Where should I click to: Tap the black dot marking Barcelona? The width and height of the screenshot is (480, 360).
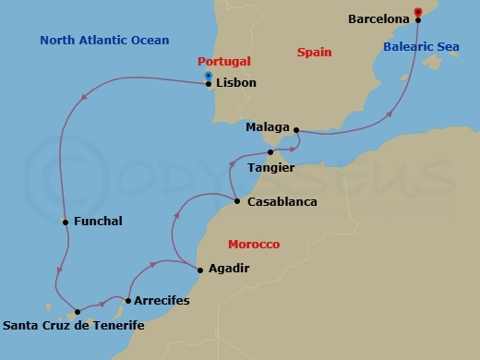click(418, 19)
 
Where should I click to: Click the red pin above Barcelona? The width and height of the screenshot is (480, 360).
click(418, 11)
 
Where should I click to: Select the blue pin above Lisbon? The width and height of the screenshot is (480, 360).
click(209, 76)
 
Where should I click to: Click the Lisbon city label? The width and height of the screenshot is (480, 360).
click(237, 83)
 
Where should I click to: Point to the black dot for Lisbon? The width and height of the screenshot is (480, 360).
click(209, 84)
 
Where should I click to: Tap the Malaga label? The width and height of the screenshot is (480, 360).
click(268, 128)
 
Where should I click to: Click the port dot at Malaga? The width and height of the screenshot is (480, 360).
click(296, 129)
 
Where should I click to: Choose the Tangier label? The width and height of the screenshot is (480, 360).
click(271, 167)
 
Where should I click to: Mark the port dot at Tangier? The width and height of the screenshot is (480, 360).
click(270, 152)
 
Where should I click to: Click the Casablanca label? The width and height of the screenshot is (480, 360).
click(282, 201)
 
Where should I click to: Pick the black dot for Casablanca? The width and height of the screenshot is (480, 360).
click(237, 201)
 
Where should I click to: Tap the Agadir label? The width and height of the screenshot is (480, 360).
click(230, 270)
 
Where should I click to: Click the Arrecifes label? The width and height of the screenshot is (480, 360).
click(162, 301)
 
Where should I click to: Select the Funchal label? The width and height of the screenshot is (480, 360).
click(97, 222)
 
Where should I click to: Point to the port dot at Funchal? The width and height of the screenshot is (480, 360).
click(64, 222)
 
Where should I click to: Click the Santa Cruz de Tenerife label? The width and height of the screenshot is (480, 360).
click(74, 325)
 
